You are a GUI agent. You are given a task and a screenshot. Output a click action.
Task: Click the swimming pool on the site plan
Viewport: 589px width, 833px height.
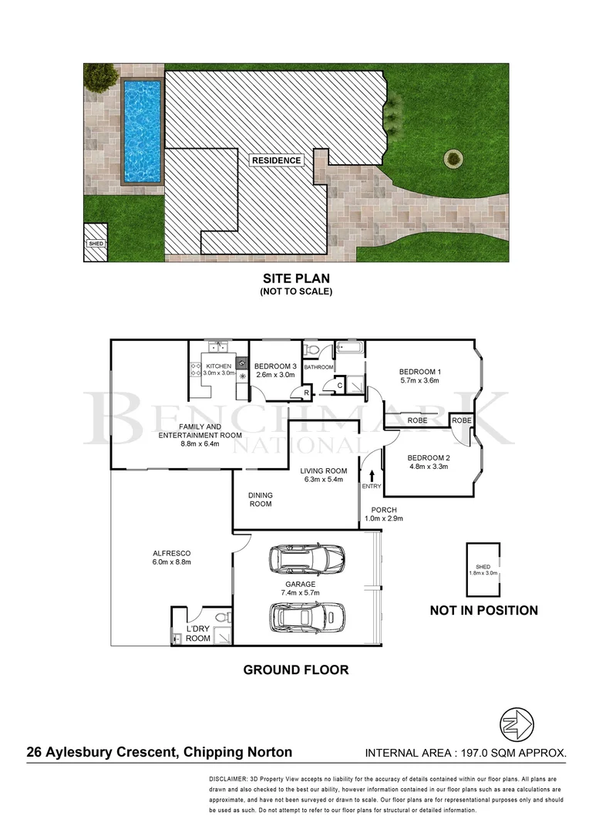143,131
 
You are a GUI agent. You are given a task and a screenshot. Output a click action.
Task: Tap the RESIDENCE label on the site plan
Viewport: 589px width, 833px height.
277,160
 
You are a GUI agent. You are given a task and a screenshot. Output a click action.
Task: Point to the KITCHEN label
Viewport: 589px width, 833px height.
217,366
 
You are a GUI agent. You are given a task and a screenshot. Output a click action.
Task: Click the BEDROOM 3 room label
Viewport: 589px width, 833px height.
275,366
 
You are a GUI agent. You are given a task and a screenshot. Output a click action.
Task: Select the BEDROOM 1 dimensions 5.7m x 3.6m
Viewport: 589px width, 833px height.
419,380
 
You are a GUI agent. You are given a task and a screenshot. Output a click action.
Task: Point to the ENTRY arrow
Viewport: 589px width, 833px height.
372,476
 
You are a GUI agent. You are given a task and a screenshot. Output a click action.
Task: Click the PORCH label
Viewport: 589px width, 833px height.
383,510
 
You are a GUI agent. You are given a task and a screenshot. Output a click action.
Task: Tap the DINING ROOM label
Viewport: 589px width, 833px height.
260,500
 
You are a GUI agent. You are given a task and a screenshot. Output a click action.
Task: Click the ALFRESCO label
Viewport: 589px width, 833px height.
172,554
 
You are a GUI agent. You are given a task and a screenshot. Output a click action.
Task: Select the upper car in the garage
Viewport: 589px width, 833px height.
305,558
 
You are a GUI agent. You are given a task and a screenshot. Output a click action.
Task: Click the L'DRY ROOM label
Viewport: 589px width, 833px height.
199,633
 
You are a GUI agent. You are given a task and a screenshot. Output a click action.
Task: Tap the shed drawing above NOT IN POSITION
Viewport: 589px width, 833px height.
483,569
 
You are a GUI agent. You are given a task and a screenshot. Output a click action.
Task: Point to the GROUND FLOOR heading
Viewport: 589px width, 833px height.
295,669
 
